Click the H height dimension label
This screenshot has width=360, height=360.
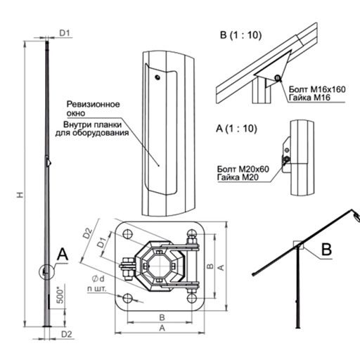coord(20,195)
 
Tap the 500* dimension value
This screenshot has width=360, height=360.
coord(60,296)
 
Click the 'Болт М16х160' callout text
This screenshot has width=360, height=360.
coord(317,89)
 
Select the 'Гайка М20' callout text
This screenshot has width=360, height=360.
coord(238,177)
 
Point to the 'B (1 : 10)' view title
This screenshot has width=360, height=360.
coord(240,35)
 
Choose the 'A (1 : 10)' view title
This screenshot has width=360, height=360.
coord(236,129)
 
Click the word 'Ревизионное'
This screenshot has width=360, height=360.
coord(93,104)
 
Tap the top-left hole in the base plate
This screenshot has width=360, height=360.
coord(128,233)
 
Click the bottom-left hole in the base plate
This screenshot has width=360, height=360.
coord(128,298)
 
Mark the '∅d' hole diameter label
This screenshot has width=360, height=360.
coord(98,278)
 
